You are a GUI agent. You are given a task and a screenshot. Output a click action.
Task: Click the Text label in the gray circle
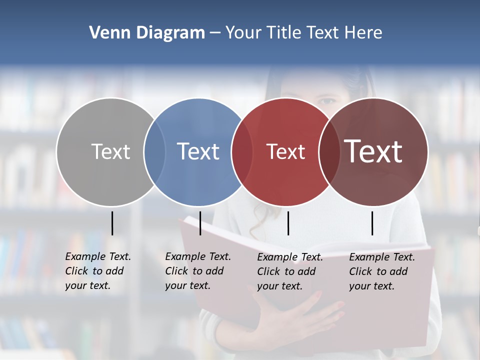pos(110,151)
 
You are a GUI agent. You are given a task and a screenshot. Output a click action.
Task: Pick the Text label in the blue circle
pos(198,151)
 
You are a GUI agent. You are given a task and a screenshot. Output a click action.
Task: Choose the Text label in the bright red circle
pos(285,152)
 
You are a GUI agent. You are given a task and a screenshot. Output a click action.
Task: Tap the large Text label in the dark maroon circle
pos(373,151)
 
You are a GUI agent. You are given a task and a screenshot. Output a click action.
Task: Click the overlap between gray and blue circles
pos(154,151)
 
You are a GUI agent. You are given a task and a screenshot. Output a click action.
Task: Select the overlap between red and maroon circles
pos(329,151)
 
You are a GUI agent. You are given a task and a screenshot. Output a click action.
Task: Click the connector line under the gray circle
pos(112,223)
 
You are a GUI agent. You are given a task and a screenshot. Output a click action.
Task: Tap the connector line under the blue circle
pos(200,223)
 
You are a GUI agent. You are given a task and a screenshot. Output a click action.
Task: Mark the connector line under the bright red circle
pos(288,223)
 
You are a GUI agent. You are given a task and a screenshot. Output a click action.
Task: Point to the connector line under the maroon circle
pos(372,223)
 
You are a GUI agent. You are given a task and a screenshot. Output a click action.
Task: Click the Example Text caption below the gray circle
pos(97,271)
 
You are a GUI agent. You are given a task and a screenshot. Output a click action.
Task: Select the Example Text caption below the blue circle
pos(197,271)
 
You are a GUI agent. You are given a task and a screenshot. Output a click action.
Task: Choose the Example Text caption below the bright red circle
pos(289,271)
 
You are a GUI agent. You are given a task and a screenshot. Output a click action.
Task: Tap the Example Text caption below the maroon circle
pos(381,271)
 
